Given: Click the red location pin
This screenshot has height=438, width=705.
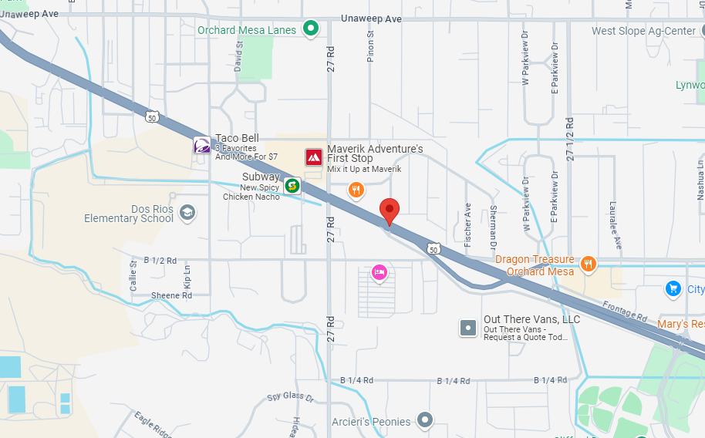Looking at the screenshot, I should click(x=390, y=210).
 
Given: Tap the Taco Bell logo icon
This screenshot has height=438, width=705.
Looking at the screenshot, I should click(x=201, y=146).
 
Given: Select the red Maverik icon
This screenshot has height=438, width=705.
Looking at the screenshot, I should click(x=314, y=157).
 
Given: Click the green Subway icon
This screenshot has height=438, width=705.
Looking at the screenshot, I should click(x=292, y=185).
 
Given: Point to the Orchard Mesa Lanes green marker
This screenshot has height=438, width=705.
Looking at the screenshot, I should click(x=310, y=29).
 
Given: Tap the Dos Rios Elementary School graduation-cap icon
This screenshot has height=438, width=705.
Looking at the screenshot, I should click(x=187, y=212).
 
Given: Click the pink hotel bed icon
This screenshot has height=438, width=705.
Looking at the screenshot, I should click(x=379, y=271).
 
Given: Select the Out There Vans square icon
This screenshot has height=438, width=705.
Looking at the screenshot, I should click(x=468, y=328).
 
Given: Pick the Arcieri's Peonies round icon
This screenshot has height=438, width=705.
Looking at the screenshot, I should click(x=425, y=420).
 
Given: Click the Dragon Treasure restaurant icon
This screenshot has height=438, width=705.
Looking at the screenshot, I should click(x=589, y=264).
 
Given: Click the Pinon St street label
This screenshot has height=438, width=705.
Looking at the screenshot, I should click(x=371, y=45).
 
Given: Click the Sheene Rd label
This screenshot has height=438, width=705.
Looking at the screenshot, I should click(x=171, y=295).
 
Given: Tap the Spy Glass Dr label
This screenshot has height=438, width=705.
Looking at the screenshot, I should click(x=290, y=398).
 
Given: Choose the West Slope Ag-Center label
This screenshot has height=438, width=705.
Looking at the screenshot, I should click(x=643, y=32).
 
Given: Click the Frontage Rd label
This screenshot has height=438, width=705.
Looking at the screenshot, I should click(x=624, y=310).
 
